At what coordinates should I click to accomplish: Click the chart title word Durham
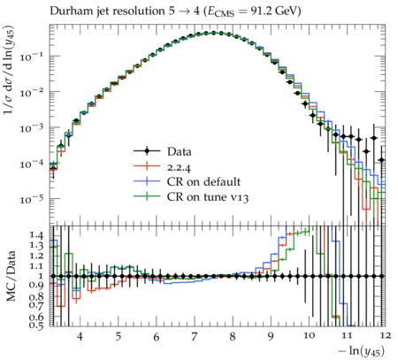tap(67, 11)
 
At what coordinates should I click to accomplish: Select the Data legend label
tap(180, 151)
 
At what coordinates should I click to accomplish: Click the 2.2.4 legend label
tap(179, 167)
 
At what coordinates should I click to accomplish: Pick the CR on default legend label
tap(203, 181)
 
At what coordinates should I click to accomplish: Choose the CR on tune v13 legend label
tap(208, 196)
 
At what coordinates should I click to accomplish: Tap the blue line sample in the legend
tap(147, 181)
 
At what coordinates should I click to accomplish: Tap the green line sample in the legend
tap(147, 196)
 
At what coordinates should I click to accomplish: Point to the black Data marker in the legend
tap(147, 151)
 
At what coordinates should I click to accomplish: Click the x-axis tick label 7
tap(194, 336)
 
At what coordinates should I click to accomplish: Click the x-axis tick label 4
tap(80, 336)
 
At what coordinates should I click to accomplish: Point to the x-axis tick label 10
tap(309, 335)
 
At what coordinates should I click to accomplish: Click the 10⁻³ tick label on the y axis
tap(34, 127)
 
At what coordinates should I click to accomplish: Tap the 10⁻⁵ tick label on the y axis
tap(34, 199)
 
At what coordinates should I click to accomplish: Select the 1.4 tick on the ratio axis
tap(36, 235)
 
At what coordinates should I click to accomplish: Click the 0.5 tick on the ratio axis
tap(36, 325)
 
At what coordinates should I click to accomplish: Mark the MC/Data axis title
tap(11, 276)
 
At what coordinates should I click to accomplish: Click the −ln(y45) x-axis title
tap(362, 351)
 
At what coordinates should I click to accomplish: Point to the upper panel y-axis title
tap(9, 70)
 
